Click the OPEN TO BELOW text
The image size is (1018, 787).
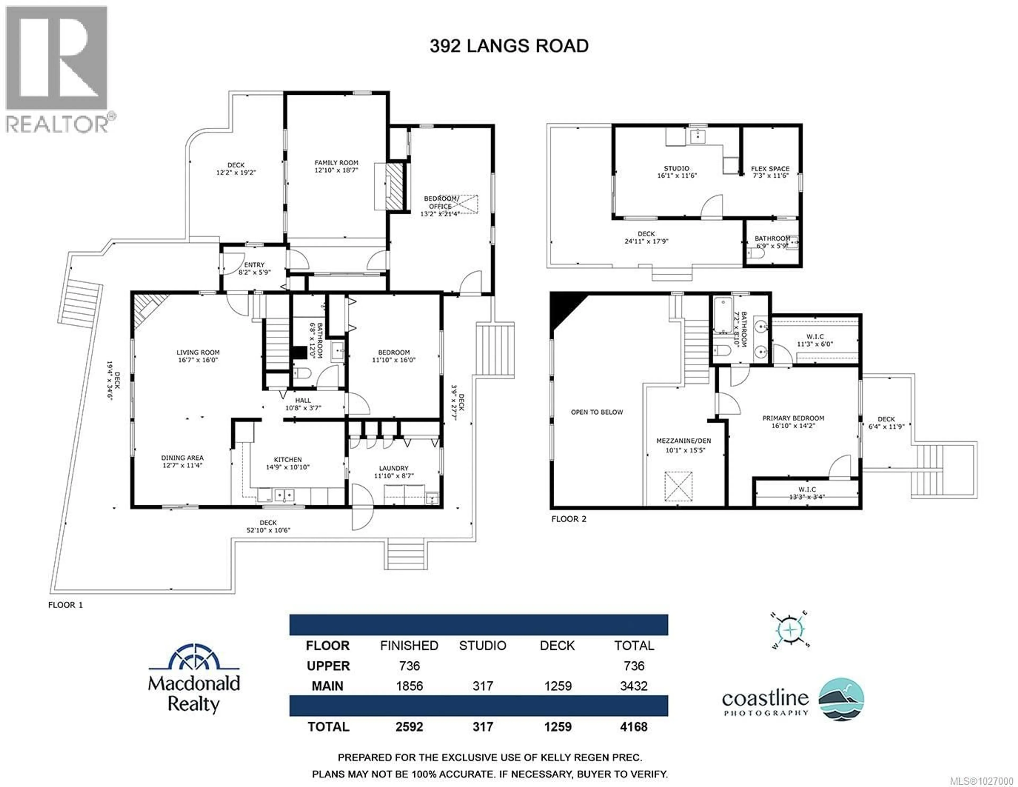597,412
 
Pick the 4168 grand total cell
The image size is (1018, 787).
633,726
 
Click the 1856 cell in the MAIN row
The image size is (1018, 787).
409,686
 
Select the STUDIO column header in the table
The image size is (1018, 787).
482,645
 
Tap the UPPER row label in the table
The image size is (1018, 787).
328,666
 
